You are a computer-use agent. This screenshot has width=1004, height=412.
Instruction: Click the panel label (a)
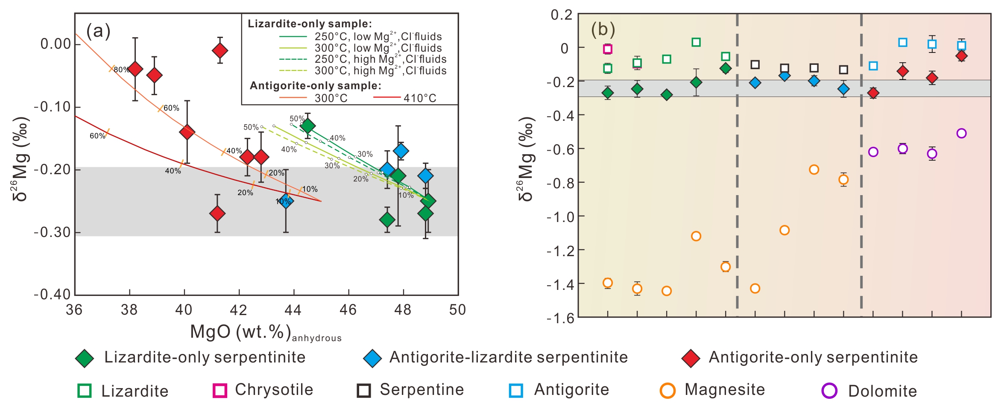tap(98, 31)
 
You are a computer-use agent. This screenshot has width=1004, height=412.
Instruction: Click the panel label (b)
tap(603, 29)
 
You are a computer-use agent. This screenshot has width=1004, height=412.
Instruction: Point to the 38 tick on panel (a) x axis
tap(129, 309)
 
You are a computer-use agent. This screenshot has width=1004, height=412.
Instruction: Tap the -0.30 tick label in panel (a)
tap(52, 232)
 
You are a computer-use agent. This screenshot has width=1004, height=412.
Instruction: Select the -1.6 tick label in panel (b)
tap(560, 318)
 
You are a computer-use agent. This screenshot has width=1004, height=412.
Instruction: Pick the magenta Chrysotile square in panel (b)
tap(608, 49)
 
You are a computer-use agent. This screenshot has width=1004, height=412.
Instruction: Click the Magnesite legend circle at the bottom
tap(667, 391)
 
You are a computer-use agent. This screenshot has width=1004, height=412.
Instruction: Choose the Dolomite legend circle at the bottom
tap(829, 391)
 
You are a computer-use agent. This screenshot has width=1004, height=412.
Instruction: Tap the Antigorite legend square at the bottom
tap(516, 391)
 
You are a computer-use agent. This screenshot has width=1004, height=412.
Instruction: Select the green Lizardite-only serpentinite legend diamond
tap(85, 358)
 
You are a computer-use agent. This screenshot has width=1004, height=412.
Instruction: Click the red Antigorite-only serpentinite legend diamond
tap(691, 358)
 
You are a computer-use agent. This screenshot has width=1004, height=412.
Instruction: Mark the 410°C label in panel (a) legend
tap(420, 98)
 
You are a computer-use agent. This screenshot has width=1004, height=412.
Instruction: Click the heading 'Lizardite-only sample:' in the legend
tap(310, 23)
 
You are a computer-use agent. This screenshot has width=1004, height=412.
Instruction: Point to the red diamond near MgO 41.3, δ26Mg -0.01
tap(220, 50)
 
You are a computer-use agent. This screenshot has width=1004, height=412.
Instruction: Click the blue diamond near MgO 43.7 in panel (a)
tap(285, 201)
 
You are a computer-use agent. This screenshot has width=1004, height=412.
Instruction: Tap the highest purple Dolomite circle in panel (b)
tap(961, 133)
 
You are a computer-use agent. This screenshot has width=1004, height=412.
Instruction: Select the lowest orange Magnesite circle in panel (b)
tap(666, 291)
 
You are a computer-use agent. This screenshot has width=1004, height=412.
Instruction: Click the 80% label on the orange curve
tap(121, 70)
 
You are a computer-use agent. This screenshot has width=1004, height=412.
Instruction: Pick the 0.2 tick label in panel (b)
tap(561, 15)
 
